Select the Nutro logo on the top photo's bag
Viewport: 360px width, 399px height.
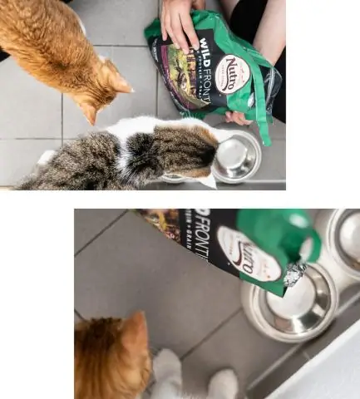[231, 75]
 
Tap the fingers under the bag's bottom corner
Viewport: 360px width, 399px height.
[238, 119]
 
